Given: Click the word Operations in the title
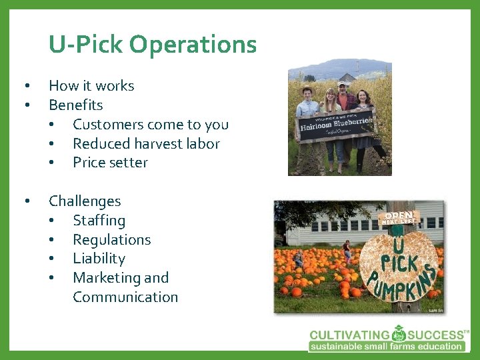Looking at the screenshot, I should (193, 45).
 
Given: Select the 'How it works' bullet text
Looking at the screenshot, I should (91, 85).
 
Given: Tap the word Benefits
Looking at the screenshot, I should (75, 105).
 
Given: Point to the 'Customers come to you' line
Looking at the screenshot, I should (150, 124).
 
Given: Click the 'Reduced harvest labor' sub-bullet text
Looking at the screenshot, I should (146, 143).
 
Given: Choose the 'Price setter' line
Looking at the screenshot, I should (110, 163).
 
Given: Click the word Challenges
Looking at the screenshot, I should (85, 201).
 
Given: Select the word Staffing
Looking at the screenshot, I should (99, 220).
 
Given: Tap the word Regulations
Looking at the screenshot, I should (111, 239).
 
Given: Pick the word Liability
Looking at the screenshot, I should (99, 259).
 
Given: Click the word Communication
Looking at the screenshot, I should (125, 297).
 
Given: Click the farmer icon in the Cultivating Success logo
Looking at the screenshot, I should (399, 334).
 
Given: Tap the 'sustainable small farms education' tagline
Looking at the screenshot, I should (387, 346).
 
